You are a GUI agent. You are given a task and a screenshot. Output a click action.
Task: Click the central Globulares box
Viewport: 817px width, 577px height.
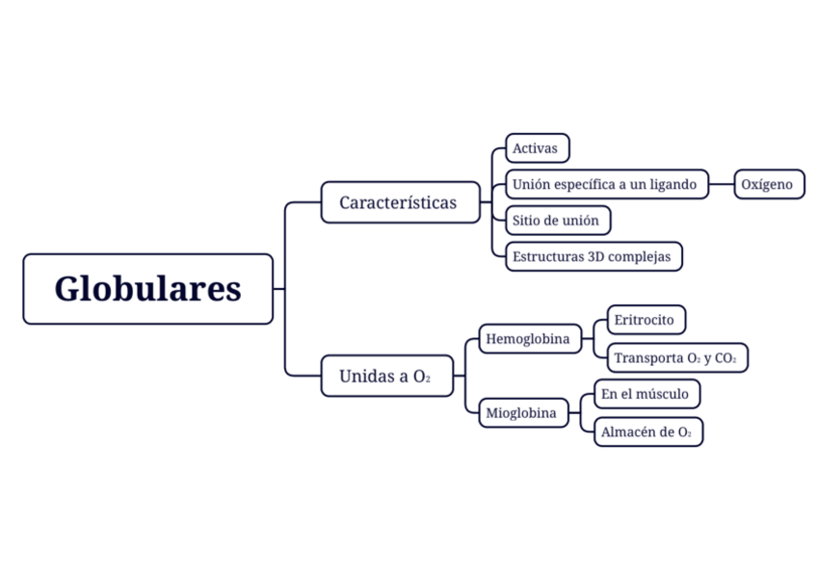click(x=147, y=289)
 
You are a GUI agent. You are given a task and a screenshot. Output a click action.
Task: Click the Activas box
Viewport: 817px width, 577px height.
click(x=537, y=148)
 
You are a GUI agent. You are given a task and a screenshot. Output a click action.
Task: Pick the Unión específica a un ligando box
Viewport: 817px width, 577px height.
click(x=606, y=184)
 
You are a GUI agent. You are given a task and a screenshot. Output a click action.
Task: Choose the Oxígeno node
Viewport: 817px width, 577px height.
click(x=769, y=184)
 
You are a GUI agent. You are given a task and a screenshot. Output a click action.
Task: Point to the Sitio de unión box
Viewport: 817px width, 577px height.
click(x=557, y=221)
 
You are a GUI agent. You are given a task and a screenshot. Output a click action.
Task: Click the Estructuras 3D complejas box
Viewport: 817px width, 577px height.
click(x=593, y=257)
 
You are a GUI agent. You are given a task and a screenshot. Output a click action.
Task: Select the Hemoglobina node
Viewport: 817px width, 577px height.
click(x=529, y=339)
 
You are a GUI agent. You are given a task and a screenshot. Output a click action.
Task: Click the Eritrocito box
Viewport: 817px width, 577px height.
click(x=646, y=320)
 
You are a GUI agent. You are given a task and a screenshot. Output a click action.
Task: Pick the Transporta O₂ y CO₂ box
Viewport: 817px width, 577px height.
click(x=676, y=358)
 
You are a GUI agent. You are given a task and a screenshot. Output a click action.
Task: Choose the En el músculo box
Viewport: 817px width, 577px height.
click(x=646, y=394)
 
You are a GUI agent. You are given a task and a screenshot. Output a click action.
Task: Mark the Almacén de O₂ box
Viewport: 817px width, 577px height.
click(x=647, y=433)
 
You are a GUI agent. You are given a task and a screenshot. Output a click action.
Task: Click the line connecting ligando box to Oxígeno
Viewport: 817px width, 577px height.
click(x=722, y=184)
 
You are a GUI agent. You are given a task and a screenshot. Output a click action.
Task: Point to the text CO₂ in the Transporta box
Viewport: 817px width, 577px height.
click(x=725, y=358)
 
